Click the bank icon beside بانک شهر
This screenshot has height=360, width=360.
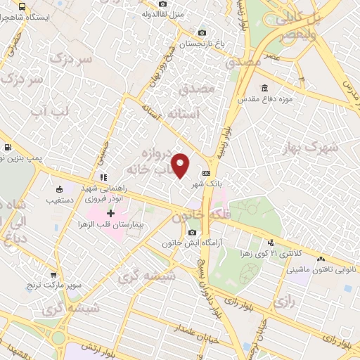point(206,173)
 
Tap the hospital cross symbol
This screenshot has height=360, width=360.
point(110,212)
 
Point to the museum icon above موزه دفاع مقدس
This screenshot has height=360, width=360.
point(264,88)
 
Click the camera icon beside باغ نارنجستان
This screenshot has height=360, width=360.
point(202,32)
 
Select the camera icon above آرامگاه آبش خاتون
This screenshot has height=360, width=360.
point(192,233)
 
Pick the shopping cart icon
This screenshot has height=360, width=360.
point(53,276)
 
